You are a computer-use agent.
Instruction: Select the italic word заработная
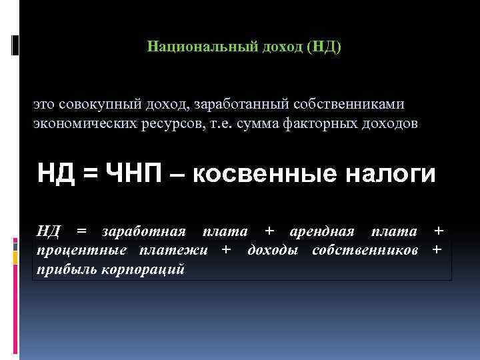point(143,231)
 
